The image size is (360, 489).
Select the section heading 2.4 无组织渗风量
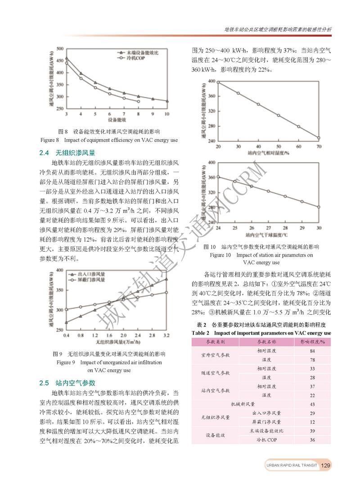[x=67, y=152]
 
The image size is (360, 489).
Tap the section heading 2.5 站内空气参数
[x=67, y=383]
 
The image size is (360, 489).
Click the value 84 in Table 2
[x=312, y=350]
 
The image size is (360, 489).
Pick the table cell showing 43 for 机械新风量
[x=312, y=404]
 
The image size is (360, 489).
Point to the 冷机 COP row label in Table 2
[x=266, y=439]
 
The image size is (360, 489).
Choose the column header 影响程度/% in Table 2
[x=312, y=342]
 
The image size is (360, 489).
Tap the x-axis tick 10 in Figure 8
[x=167, y=114]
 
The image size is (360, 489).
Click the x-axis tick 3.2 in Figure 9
[x=166, y=335]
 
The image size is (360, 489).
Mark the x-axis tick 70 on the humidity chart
[x=319, y=147]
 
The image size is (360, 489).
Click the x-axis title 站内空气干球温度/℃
[x=266, y=235]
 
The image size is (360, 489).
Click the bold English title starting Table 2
[x=261, y=333]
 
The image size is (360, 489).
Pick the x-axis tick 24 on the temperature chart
[x=218, y=228]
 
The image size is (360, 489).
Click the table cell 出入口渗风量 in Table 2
[x=266, y=413]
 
